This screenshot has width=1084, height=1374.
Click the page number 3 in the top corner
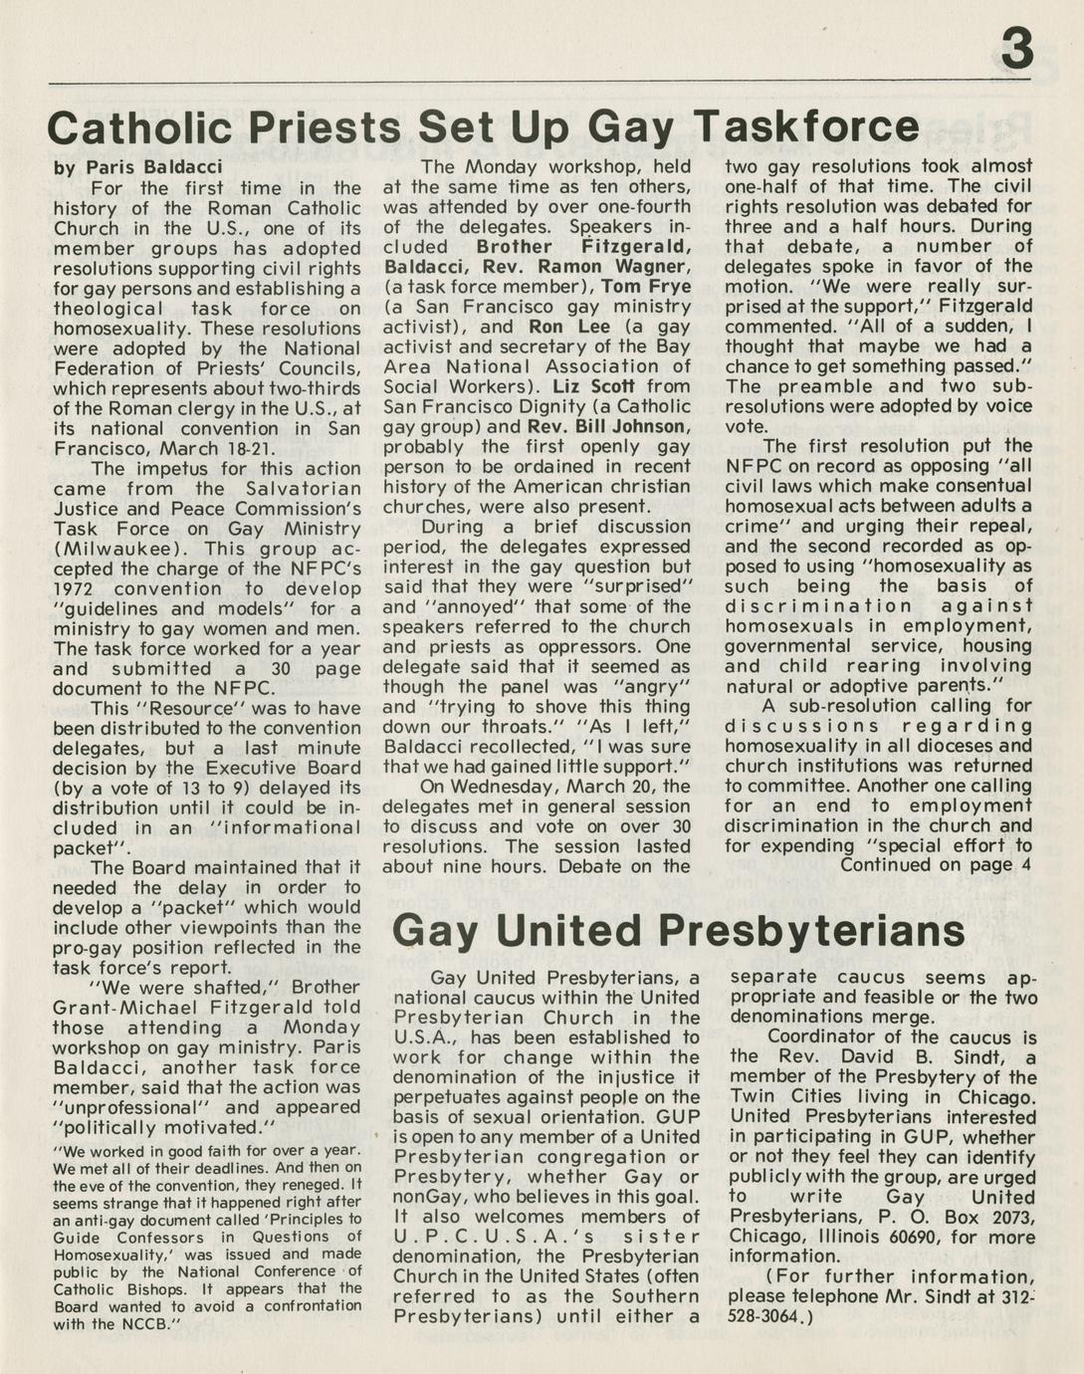tap(1015, 49)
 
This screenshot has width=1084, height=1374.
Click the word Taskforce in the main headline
tap(806, 127)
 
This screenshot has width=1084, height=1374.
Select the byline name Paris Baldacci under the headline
tap(153, 167)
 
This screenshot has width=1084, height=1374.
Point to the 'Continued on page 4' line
tap(935, 865)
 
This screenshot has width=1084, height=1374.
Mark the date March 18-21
tap(232, 449)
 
